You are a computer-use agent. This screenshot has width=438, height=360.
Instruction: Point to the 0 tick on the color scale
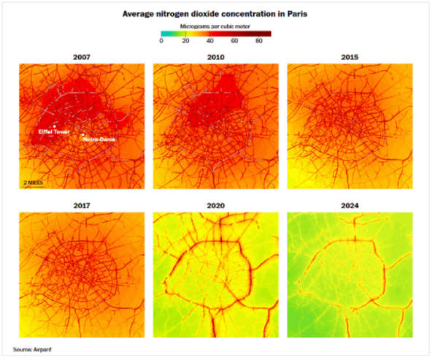point(161,42)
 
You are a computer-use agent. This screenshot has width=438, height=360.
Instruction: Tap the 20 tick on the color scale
point(186,42)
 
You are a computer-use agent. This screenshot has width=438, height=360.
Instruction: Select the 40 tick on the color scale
point(211,42)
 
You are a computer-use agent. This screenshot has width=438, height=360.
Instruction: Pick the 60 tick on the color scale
point(234,42)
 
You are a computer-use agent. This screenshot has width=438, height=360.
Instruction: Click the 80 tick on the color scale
point(259,42)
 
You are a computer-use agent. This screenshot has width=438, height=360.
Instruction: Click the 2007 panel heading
point(80,56)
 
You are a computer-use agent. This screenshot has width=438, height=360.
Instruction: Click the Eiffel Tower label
point(53,131)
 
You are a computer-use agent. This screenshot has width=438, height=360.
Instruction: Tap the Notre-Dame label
point(96,139)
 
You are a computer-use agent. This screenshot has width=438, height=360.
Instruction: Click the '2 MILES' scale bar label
point(34,181)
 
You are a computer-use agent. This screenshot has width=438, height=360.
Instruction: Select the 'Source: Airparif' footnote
point(33,349)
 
